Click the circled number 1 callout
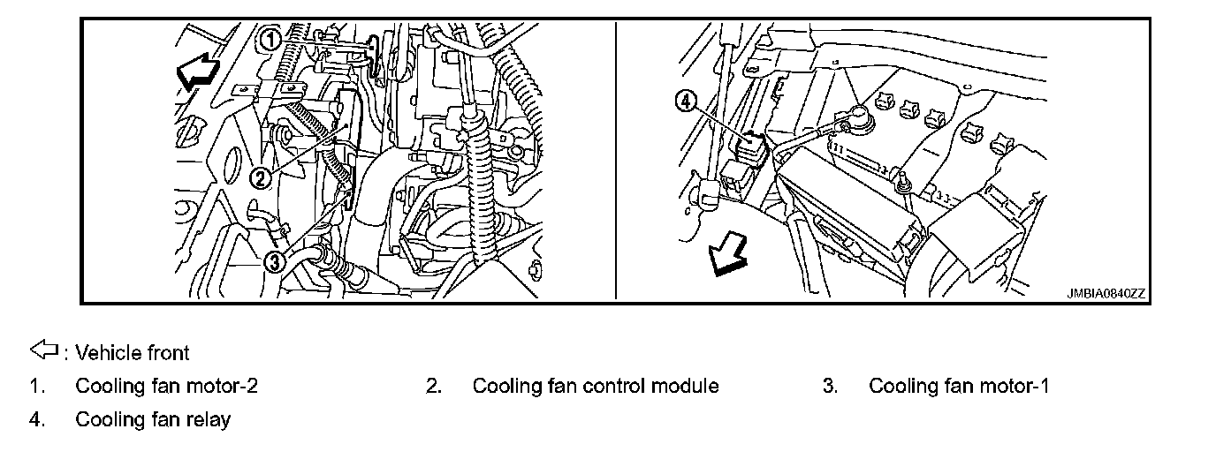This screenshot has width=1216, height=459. [270, 39]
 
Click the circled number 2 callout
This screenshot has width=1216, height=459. [260, 179]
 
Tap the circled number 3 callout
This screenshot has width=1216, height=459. [275, 261]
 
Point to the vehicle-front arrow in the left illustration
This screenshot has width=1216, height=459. [196, 71]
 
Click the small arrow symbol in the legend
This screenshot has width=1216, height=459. [43, 352]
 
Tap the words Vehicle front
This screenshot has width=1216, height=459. [133, 353]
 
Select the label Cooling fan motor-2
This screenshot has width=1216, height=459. [167, 386]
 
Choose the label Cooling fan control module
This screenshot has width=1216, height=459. [596, 386]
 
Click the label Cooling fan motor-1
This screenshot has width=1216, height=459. [959, 386]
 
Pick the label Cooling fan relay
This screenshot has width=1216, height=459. [153, 419]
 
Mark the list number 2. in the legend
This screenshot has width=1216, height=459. [433, 386]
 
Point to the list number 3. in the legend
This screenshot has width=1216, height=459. [830, 386]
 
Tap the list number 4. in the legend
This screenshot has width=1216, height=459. [36, 419]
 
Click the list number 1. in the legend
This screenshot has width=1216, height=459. [36, 386]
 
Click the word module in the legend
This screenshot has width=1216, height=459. [686, 386]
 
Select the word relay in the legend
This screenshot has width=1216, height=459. [209, 419]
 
